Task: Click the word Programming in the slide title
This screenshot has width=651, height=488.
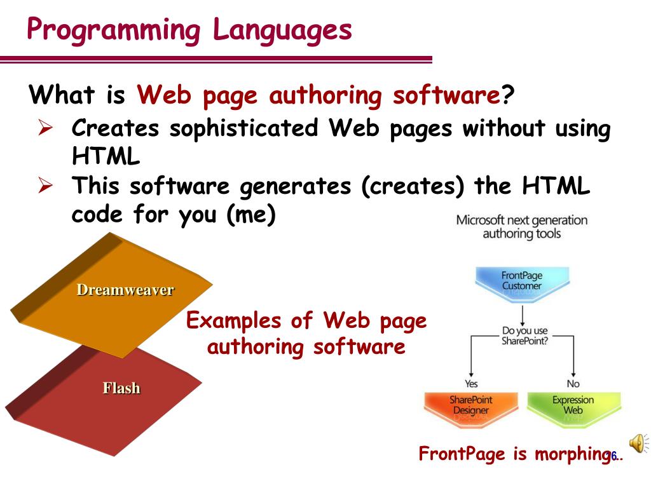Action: pyautogui.click(x=112, y=30)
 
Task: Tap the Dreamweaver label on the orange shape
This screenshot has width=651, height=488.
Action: pyautogui.click(x=125, y=290)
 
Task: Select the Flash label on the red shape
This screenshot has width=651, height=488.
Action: pyautogui.click(x=121, y=388)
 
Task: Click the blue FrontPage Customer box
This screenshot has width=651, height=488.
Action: pyautogui.click(x=521, y=281)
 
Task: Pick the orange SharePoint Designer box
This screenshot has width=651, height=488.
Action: pyautogui.click(x=470, y=406)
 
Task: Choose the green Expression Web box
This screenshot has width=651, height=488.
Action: pyautogui.click(x=573, y=406)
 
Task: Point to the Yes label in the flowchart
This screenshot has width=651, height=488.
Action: pyautogui.click(x=471, y=384)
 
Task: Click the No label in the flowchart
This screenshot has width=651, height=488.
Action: pyautogui.click(x=573, y=384)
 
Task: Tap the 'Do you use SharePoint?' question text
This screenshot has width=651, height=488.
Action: pyautogui.click(x=524, y=336)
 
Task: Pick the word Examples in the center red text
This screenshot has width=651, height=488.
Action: pyautogui.click(x=235, y=320)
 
